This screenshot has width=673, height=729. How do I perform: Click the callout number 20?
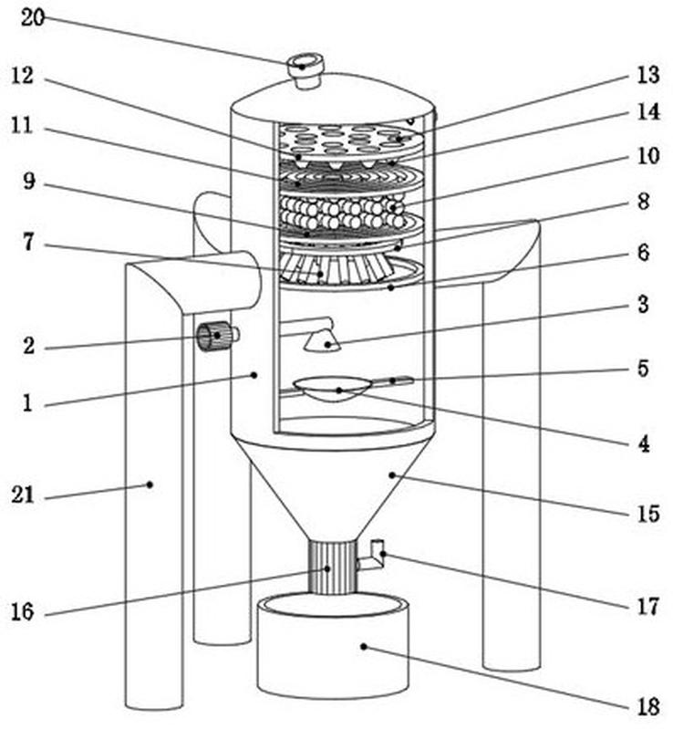33,18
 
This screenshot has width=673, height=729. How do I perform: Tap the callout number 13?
647,75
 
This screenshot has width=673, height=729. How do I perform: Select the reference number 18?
647,707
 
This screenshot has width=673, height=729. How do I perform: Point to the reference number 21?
22,495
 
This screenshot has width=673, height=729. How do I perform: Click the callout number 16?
22,612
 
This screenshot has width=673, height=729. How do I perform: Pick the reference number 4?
644,444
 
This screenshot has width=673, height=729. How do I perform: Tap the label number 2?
29,346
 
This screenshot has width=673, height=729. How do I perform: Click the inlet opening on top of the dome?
305,62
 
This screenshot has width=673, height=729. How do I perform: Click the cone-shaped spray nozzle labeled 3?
322,341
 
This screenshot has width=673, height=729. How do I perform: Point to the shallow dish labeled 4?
332,388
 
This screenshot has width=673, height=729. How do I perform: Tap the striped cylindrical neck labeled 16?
333,568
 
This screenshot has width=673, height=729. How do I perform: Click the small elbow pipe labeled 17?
373,555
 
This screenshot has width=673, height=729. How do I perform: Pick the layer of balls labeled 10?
344,212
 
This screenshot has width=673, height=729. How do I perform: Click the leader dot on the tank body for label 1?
254,375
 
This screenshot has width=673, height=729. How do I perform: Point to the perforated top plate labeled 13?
351,140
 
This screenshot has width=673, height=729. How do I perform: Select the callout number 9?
29,181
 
